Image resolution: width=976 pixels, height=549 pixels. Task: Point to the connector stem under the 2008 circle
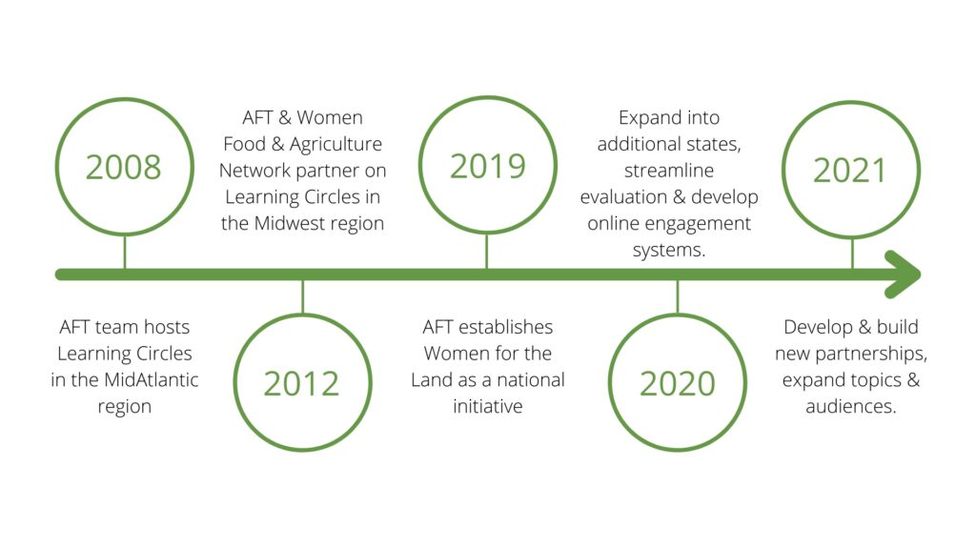pos(125,252)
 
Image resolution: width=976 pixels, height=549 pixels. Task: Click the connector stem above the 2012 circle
pos(302,297)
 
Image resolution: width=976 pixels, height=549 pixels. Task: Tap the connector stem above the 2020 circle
pos(678,297)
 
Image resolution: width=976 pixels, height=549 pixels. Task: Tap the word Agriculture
pos(335,145)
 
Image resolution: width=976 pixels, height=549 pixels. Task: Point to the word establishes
pos(505,327)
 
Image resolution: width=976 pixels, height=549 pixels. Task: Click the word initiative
pos(487,406)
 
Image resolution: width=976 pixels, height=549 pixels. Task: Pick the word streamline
pos(669,171)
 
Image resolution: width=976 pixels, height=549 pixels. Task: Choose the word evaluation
pos(623,196)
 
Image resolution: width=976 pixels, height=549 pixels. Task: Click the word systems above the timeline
pos(669,251)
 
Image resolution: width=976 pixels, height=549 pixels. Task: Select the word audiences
pos(851,406)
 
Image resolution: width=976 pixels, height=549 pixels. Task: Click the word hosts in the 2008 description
pos(167,327)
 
